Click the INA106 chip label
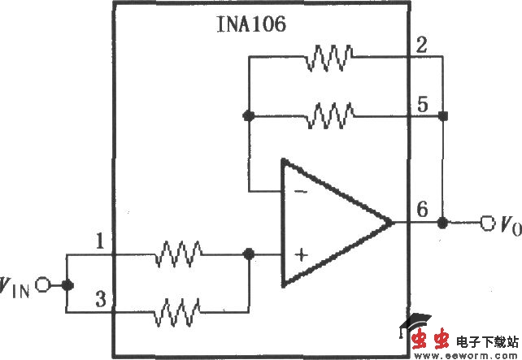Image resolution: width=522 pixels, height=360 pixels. coord(250,24)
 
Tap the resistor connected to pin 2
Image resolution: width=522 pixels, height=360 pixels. coord(328,57)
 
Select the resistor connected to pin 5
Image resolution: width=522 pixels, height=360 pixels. coord(328,117)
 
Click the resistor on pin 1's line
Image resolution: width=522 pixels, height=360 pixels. coord(180,254)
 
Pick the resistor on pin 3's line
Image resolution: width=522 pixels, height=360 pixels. coord(180,310)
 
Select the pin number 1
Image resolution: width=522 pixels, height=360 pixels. coord(99,241)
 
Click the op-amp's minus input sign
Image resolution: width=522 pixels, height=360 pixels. coord(299,191)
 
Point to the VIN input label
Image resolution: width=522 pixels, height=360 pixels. coord(17,285)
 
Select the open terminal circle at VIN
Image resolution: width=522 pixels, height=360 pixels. coord(44,284)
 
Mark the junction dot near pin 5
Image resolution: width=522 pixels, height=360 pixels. coord(442,117)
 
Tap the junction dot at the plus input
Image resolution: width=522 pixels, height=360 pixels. coord(249,254)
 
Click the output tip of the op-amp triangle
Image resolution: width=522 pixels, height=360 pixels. coord(392,222)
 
